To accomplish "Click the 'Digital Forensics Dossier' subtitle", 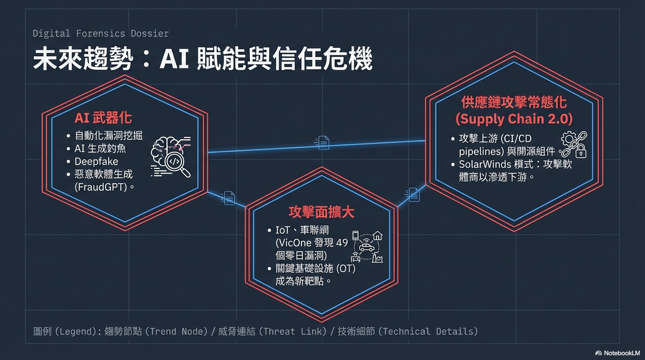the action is point(101,34).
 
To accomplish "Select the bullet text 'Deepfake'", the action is point(97,161).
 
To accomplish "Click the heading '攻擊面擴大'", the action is point(321,212).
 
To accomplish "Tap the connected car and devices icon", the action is point(367,247).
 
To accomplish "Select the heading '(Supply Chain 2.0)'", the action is point(514,119).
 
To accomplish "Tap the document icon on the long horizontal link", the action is point(323,142).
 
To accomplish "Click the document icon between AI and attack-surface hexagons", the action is point(228,198).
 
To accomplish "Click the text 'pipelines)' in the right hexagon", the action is point(480,151).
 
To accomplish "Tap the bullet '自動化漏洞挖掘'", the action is point(108,136).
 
